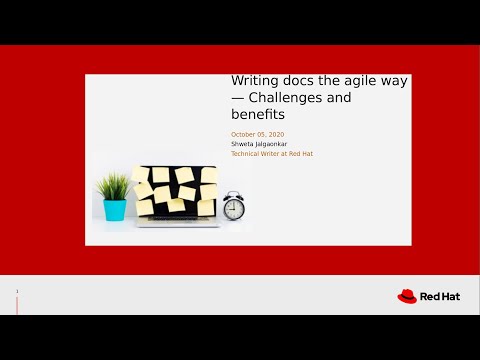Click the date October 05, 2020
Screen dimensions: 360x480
pos(258,134)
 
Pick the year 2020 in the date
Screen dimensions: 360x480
pos(276,134)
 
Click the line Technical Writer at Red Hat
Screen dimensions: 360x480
pos(271,153)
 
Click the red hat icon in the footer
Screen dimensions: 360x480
pos(407,296)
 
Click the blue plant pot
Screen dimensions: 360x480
pos(115,210)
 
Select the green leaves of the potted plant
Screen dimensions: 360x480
pos(114,186)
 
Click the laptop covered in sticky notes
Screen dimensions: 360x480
pos(177,195)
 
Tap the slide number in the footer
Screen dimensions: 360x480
pos(17,292)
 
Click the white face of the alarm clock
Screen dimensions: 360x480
pos(234,207)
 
